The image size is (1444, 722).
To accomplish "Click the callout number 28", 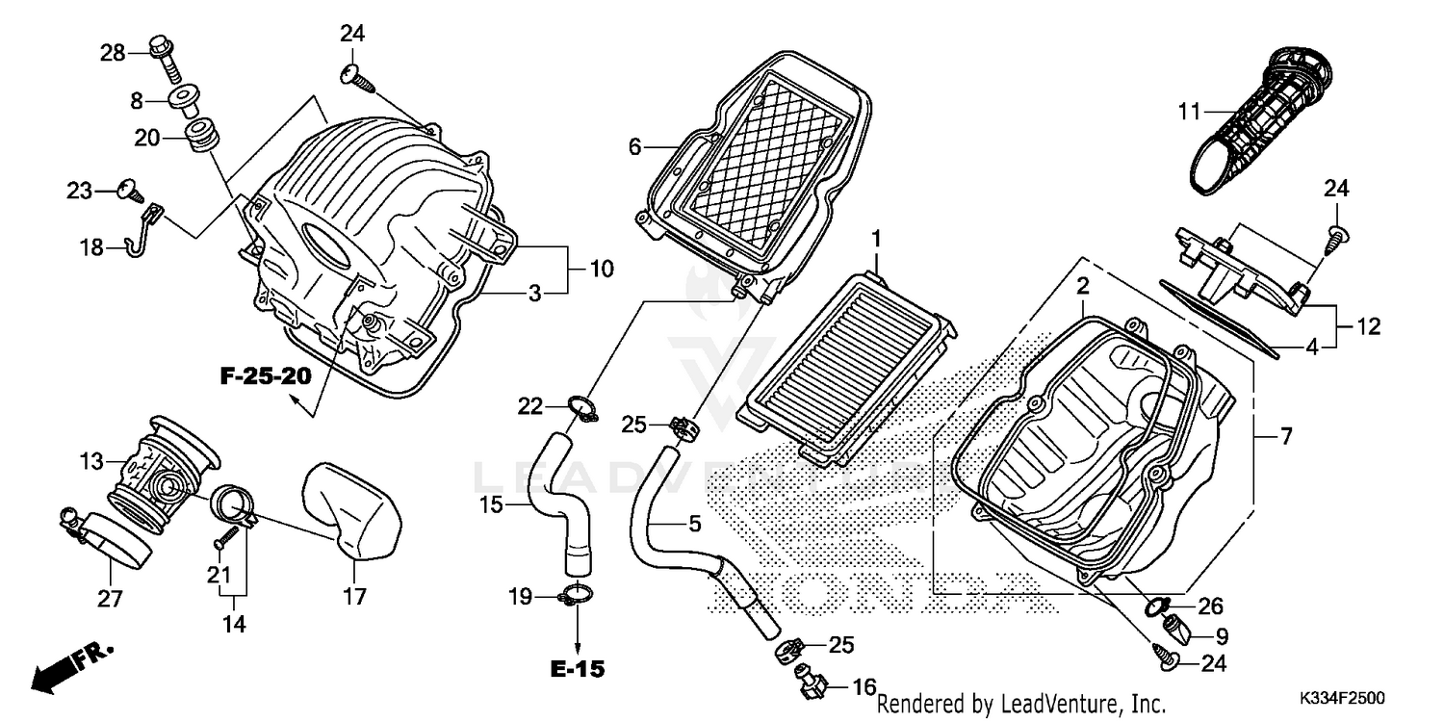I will coord(114,53).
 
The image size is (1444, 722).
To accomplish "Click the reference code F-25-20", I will coord(266,375).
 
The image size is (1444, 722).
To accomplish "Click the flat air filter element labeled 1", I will coord(846,364).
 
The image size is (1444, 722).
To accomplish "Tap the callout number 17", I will coord(355,597).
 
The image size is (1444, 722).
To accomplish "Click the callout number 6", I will coord(634,147).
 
